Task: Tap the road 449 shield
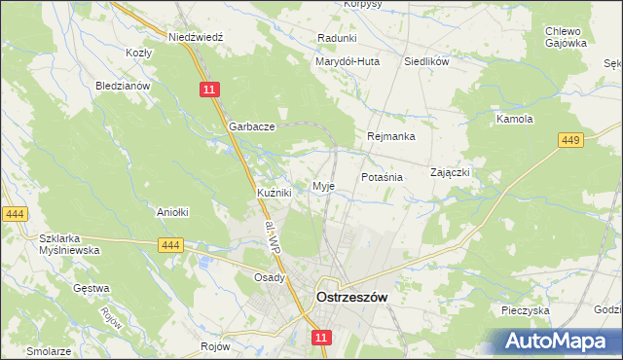(571, 141)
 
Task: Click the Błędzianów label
(122, 86)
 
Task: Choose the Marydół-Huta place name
(347, 61)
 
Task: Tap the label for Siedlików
(425, 61)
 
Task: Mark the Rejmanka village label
(391, 136)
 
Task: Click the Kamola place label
(515, 120)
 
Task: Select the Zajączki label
(451, 172)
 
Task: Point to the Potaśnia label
(382, 178)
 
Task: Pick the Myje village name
(323, 186)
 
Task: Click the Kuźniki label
(275, 194)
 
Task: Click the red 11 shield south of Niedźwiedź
(211, 89)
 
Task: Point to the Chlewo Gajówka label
(565, 37)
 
